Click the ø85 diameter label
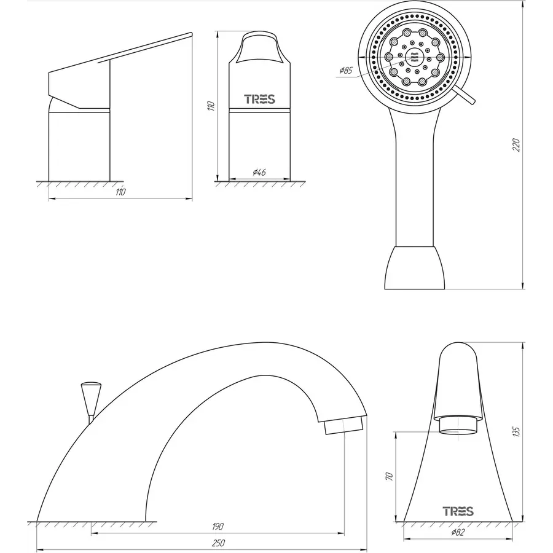click(x=345, y=71)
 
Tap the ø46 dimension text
click(x=259, y=173)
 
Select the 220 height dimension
click(x=516, y=145)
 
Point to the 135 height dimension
click(x=516, y=432)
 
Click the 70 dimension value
click(x=390, y=477)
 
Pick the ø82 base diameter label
click(x=458, y=532)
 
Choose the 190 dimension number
click(x=218, y=527)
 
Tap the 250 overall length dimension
click(x=218, y=543)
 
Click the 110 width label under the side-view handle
click(x=120, y=192)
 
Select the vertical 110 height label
click(x=211, y=106)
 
